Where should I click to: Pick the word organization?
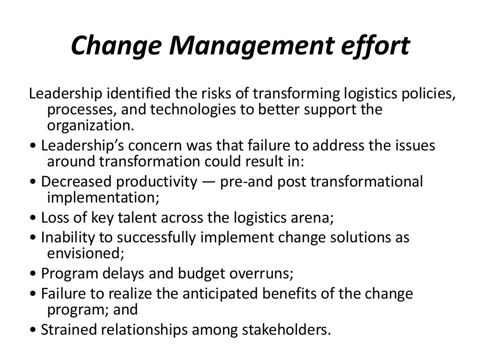tap(90, 126)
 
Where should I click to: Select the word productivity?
tap(157, 181)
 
